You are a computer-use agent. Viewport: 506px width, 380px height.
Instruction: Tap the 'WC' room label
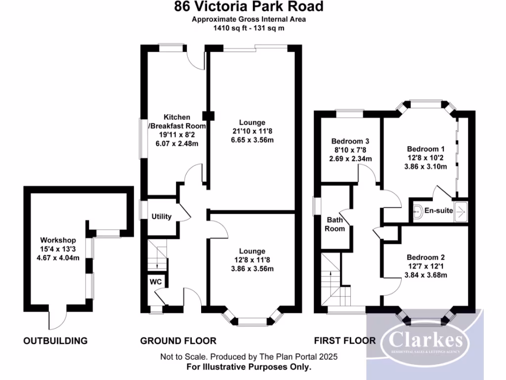point(156,281)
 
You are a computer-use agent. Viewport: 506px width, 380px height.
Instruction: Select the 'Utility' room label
point(161,216)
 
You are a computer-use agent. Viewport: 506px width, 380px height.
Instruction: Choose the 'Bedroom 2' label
point(426,257)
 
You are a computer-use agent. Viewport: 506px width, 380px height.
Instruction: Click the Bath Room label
point(335,224)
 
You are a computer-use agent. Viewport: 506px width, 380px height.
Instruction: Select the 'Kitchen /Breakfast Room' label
point(177,122)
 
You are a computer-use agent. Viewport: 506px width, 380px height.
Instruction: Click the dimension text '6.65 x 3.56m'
point(252,140)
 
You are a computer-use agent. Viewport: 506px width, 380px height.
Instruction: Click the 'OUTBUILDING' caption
point(55,340)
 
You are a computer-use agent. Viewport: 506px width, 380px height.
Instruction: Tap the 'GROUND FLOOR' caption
point(178,340)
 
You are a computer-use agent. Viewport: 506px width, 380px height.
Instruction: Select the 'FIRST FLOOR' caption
point(344,340)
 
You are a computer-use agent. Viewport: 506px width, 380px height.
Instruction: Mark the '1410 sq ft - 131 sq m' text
point(249,28)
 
